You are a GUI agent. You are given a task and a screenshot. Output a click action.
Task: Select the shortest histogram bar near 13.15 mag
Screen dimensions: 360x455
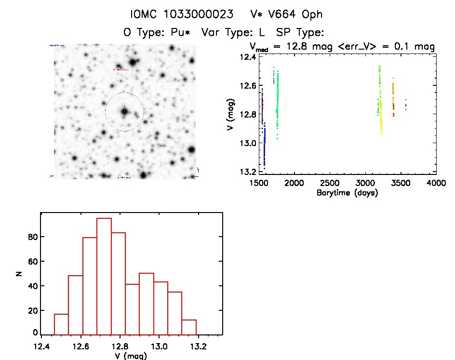pyautogui.click(x=189, y=327)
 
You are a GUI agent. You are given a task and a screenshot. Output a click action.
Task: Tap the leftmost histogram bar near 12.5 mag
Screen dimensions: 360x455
pyautogui.click(x=61, y=324)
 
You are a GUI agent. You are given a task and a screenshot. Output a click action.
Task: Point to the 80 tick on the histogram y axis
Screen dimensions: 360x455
pyautogui.click(x=32, y=237)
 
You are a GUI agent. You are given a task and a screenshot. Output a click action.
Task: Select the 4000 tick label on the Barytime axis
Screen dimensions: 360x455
pyautogui.click(x=436, y=184)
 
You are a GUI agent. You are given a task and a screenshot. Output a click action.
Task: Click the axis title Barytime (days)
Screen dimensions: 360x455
pyautogui.click(x=347, y=193)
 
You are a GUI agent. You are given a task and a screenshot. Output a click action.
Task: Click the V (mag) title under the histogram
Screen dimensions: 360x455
pyautogui.click(x=131, y=356)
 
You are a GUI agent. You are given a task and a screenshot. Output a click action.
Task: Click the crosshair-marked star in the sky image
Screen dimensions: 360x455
pyautogui.click(x=124, y=111)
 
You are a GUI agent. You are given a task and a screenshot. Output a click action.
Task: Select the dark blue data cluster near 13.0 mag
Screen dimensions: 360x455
pyautogui.click(x=264, y=145)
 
